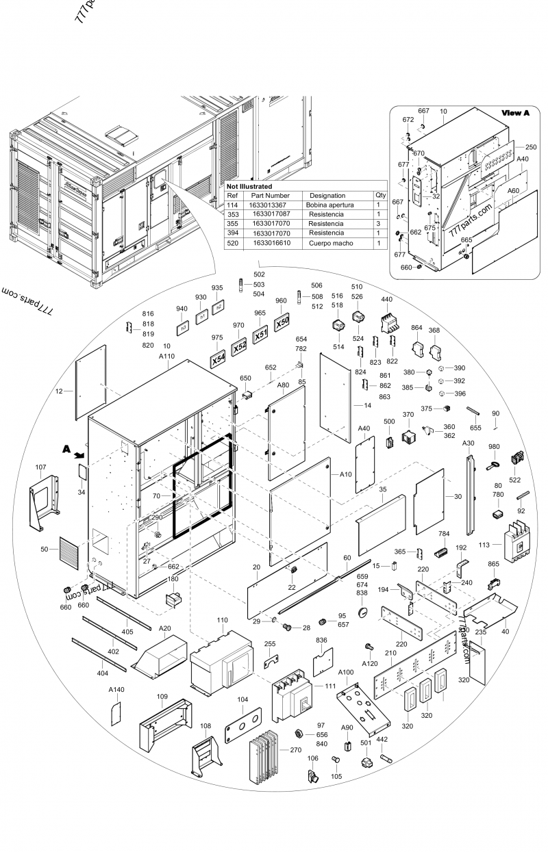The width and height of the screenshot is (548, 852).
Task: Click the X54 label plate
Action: pyautogui.click(x=217, y=359)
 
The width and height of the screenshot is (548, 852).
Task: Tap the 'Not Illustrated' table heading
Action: pyautogui.click(x=249, y=186)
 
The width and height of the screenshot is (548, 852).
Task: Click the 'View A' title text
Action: pyautogui.click(x=515, y=113)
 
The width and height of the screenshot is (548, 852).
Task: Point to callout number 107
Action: pyautogui.click(x=40, y=468)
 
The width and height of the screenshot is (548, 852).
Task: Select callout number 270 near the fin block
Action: pyautogui.click(x=295, y=750)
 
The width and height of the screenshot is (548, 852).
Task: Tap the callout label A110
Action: pyautogui.click(x=167, y=356)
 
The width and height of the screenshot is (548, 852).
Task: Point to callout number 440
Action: pyautogui.click(x=386, y=300)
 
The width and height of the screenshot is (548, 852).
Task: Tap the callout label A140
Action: pyautogui.click(x=116, y=690)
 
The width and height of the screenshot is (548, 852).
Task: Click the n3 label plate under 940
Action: pyautogui.click(x=182, y=328)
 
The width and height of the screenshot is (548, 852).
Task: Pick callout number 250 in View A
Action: pyautogui.click(x=530, y=147)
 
